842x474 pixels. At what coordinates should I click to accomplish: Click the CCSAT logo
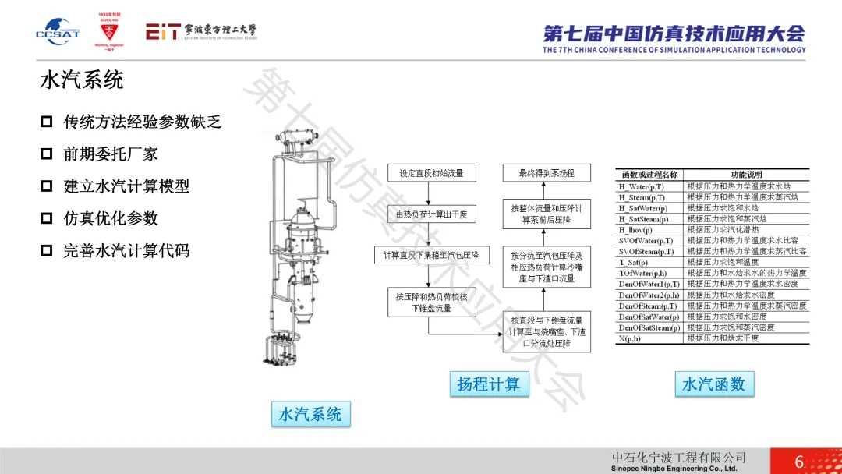52,33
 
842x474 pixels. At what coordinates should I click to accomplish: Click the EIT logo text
200,32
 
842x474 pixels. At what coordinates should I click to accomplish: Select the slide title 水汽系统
81,80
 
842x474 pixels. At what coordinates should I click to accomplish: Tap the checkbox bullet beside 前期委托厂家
47,154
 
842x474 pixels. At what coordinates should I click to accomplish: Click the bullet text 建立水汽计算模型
126,186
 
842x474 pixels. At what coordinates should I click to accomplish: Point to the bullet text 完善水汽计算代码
126,251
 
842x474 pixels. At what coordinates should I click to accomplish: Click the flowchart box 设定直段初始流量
431,173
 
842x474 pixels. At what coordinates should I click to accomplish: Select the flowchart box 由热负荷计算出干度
431,214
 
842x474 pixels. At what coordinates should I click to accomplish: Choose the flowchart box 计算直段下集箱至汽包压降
431,256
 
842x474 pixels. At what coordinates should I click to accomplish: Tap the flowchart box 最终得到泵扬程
546,173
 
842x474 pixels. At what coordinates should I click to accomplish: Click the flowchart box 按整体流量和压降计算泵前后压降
546,214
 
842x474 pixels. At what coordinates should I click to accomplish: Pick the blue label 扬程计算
488,384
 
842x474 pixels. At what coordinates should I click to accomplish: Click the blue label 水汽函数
713,384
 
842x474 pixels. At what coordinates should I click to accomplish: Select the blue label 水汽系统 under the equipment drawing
310,414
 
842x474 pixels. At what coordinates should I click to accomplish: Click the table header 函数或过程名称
649,175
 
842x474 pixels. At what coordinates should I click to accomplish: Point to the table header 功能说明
746,175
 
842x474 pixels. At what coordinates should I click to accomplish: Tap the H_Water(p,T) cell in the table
642,187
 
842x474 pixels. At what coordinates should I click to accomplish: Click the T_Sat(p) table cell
633,263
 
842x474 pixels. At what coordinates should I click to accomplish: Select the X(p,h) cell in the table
631,338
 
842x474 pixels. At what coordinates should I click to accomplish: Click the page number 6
799,462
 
